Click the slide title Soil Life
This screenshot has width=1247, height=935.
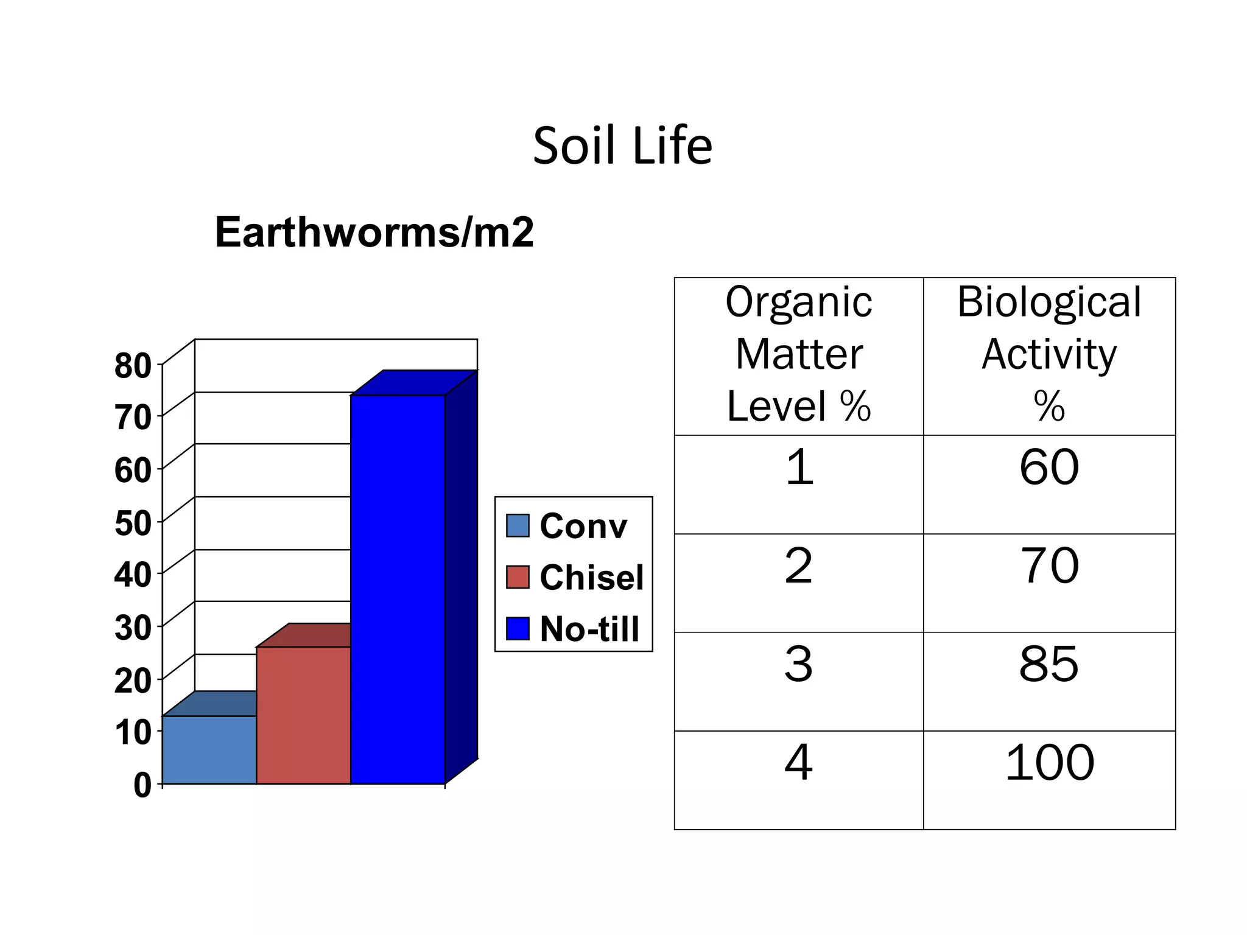click(x=622, y=146)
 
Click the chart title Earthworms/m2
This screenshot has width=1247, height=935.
click(x=374, y=233)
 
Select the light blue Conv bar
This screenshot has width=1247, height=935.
click(x=209, y=749)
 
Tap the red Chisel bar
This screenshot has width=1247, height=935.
click(x=303, y=715)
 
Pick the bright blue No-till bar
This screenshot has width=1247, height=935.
click(x=398, y=589)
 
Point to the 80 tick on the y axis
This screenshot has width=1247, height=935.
click(x=133, y=366)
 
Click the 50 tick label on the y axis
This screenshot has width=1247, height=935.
click(x=133, y=523)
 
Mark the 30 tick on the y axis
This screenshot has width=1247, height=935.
click(x=133, y=628)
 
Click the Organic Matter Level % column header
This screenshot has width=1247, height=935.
click(x=798, y=355)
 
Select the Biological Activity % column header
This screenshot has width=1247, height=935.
click(x=1049, y=355)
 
